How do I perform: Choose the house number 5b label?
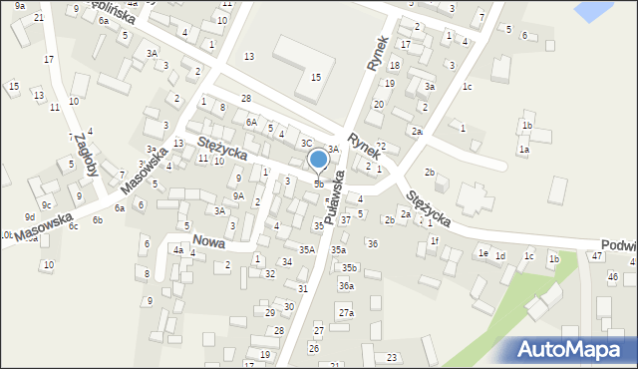pyautogui.click(x=318, y=184)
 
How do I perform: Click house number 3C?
pyautogui.click(x=307, y=144)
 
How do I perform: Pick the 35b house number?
pyautogui.click(x=348, y=267)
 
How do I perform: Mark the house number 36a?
pyautogui.click(x=346, y=286)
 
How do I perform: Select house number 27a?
pyautogui.click(x=345, y=313)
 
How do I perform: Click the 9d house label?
pyautogui.click(x=30, y=216)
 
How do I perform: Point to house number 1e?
pyautogui.click(x=482, y=254)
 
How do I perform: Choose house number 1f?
pyautogui.click(x=435, y=240)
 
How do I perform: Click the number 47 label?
pyautogui.click(x=596, y=256)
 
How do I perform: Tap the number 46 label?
pyautogui.click(x=613, y=276)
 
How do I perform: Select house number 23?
pyautogui.click(x=392, y=357)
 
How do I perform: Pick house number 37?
pyautogui.click(x=345, y=219)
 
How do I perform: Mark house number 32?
pyautogui.click(x=269, y=273)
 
